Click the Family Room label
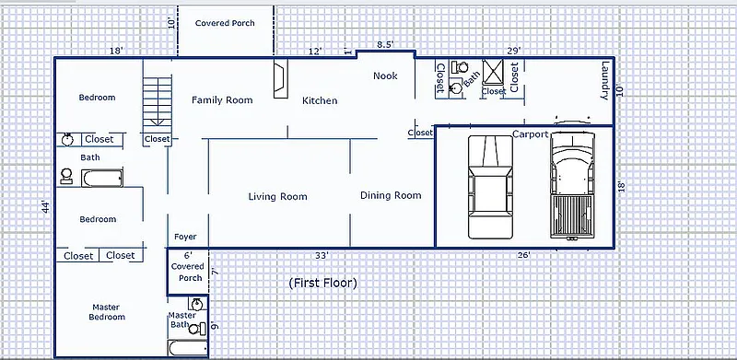tap(222, 100)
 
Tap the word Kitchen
tap(320, 100)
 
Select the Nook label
tap(385, 75)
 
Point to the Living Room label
tap(278, 196)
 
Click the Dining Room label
tap(391, 195)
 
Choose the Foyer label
tap(185, 237)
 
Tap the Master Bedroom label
tap(107, 312)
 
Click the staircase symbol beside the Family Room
tap(157, 101)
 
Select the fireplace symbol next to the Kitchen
tap(279, 78)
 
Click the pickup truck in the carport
tap(572, 186)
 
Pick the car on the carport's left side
tap(490, 187)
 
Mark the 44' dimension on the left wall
tap(45, 207)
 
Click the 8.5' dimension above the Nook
tap(385, 44)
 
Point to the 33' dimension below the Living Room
tap(322, 256)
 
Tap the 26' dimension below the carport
tap(523, 255)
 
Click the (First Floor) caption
tap(323, 283)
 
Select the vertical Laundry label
tap(605, 80)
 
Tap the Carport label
tap(531, 134)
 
